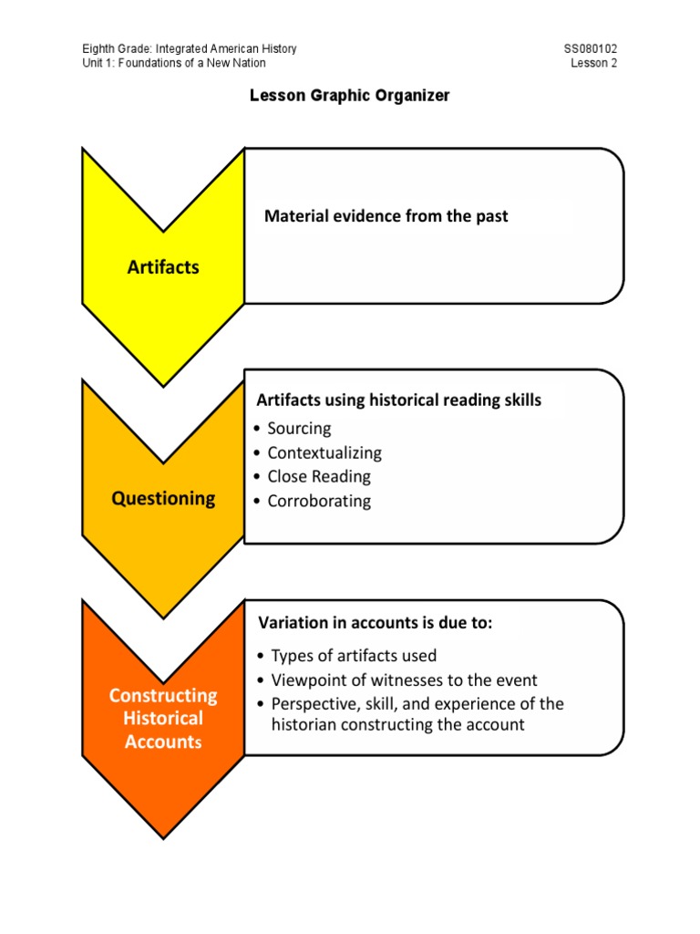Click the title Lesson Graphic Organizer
pyautogui.click(x=350, y=96)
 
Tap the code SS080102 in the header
pyautogui.click(x=591, y=48)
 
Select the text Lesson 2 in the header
pyautogui.click(x=594, y=63)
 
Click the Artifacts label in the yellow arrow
pyautogui.click(x=163, y=267)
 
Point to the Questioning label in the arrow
pyautogui.click(x=163, y=498)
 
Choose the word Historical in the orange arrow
pyautogui.click(x=163, y=718)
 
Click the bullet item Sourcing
pyautogui.click(x=299, y=429)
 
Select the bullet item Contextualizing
pyautogui.click(x=324, y=452)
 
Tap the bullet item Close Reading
pyautogui.click(x=318, y=476)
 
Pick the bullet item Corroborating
pyautogui.click(x=318, y=501)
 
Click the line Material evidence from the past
pyautogui.click(x=386, y=216)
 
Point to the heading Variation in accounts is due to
pyautogui.click(x=375, y=624)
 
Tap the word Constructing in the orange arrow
pyautogui.click(x=163, y=695)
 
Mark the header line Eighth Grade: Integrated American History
pyautogui.click(x=190, y=48)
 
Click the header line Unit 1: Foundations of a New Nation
pyautogui.click(x=174, y=63)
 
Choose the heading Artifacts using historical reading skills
pyautogui.click(x=398, y=400)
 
